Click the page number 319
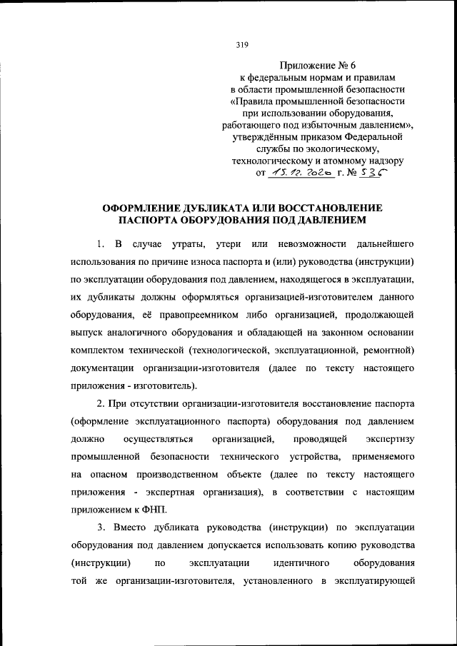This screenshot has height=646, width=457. point(241,45)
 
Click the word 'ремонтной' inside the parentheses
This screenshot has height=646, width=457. point(387,350)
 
